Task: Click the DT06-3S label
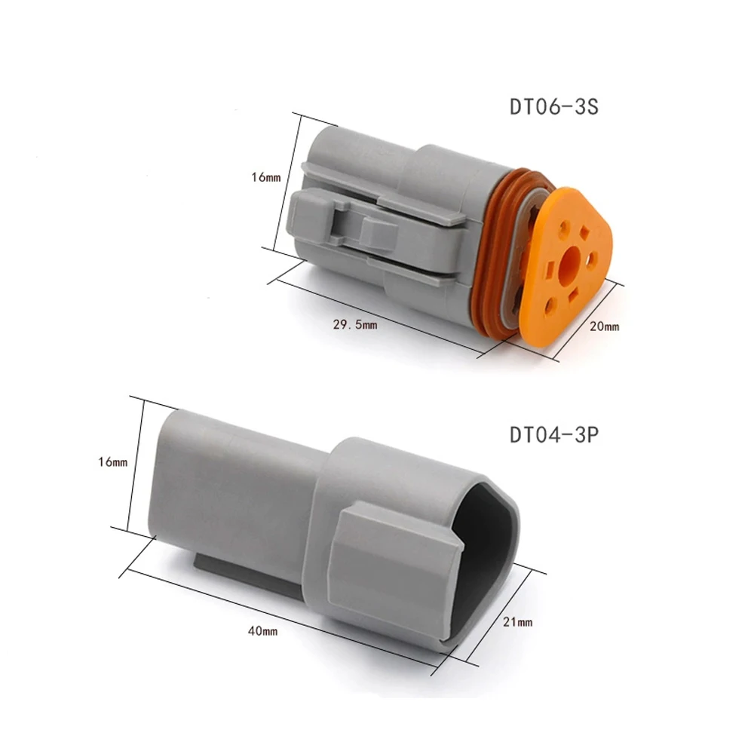[553, 106]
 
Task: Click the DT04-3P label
[554, 435]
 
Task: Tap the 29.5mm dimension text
[355, 324]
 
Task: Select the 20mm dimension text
[605, 326]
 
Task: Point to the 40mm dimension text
[262, 630]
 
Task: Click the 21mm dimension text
[517, 622]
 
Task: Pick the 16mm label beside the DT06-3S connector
[266, 177]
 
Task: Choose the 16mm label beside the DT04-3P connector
[113, 461]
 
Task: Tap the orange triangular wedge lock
[568, 267]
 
